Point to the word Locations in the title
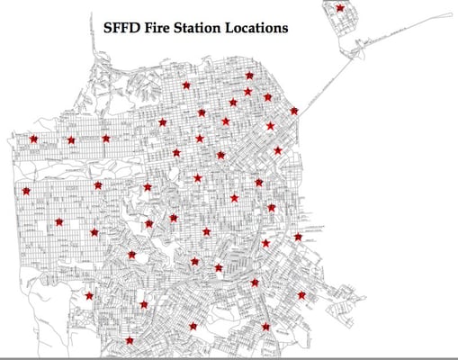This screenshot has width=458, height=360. (256, 28)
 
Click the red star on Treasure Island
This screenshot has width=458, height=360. (339, 8)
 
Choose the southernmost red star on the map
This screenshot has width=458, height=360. (130, 340)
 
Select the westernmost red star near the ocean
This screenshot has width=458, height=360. (26, 191)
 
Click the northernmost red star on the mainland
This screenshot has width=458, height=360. (249, 76)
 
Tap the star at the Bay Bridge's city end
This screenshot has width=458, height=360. (294, 111)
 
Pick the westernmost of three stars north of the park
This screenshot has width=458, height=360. (33, 139)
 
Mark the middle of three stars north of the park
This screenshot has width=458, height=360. (71, 140)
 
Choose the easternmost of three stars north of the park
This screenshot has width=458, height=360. (105, 139)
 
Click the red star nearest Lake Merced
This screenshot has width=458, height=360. (88, 295)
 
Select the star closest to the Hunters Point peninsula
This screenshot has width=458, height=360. (301, 294)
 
